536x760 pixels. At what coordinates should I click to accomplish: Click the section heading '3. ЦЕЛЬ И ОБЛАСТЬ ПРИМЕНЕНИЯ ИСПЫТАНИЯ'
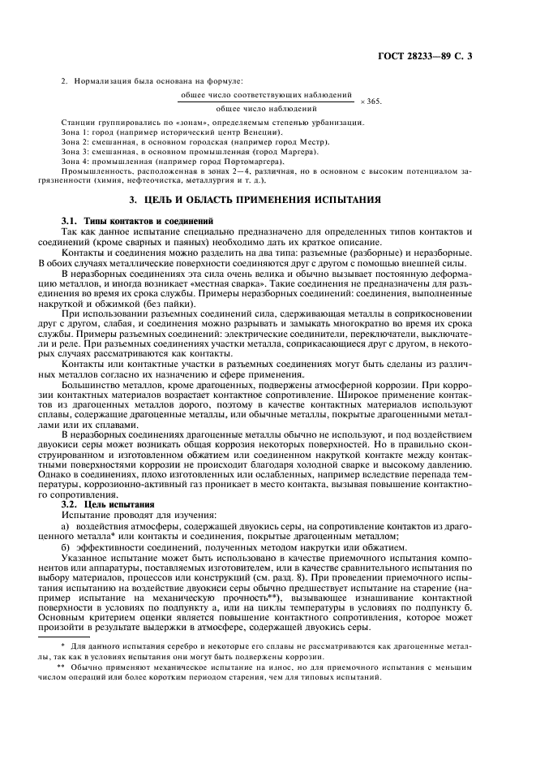click(267, 200)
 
